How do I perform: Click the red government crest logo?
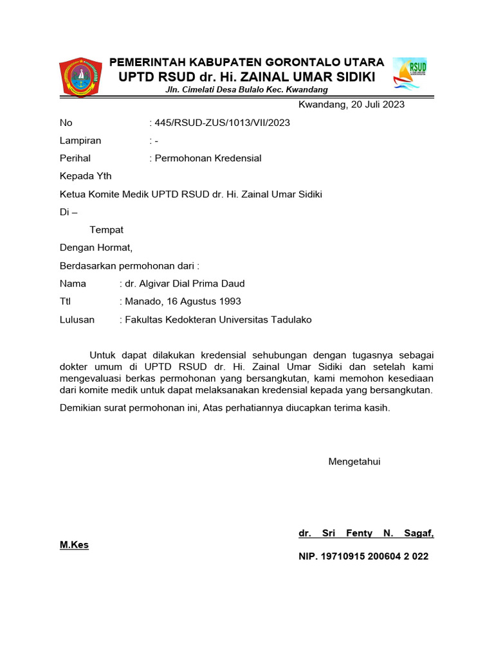tap(80, 76)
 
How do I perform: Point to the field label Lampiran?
tap(80, 141)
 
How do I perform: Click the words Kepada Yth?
tap(86, 176)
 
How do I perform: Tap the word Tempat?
tap(107, 229)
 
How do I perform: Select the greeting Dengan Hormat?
tap(96, 247)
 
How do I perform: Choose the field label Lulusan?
tap(77, 319)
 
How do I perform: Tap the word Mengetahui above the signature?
tap(354, 461)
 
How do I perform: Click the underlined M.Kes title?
tap(74, 545)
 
